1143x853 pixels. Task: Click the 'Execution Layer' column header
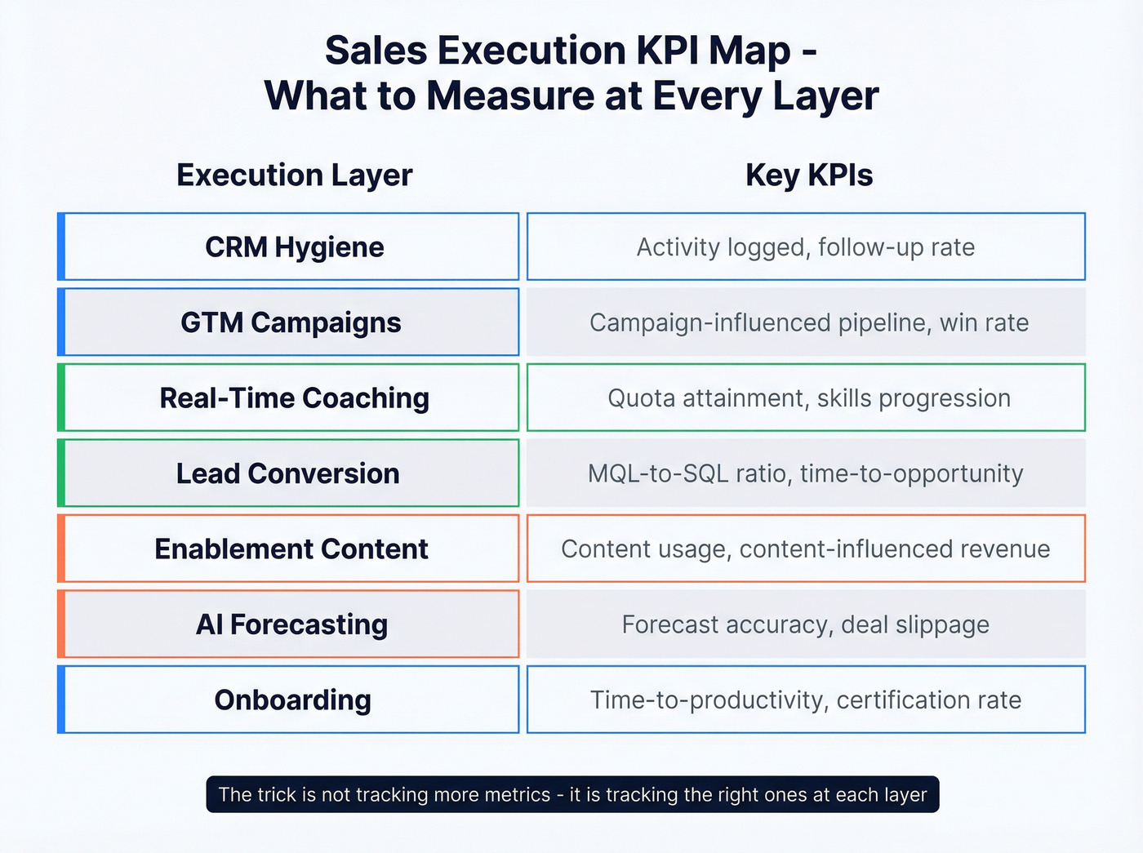pyautogui.click(x=294, y=175)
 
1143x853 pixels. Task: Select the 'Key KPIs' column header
pyautogui.click(x=808, y=175)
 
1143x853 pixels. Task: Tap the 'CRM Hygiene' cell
pyautogui.click(x=294, y=247)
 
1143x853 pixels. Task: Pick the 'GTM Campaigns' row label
pyautogui.click(x=291, y=322)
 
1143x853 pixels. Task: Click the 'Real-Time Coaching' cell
pyautogui.click(x=294, y=398)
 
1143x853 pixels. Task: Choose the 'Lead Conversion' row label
pyautogui.click(x=288, y=473)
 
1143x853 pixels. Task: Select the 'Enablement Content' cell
pyautogui.click(x=291, y=549)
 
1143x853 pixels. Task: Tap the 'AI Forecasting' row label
pyautogui.click(x=291, y=624)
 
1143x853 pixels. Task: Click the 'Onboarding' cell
pyautogui.click(x=292, y=700)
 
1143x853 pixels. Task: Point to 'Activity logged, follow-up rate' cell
pyautogui.click(x=806, y=247)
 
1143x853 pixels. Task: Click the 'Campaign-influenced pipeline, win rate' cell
pyautogui.click(x=808, y=322)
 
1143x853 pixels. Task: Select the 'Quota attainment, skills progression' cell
pyautogui.click(x=808, y=398)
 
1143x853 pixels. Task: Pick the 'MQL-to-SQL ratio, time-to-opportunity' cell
pyautogui.click(x=806, y=473)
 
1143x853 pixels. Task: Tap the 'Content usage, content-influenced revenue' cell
pyautogui.click(x=806, y=549)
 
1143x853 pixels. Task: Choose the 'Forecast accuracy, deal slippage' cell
pyautogui.click(x=806, y=624)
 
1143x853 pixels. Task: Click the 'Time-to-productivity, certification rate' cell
pyautogui.click(x=806, y=700)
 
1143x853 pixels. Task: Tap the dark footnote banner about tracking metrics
pyautogui.click(x=572, y=794)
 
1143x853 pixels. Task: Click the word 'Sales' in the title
pyautogui.click(x=376, y=51)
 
